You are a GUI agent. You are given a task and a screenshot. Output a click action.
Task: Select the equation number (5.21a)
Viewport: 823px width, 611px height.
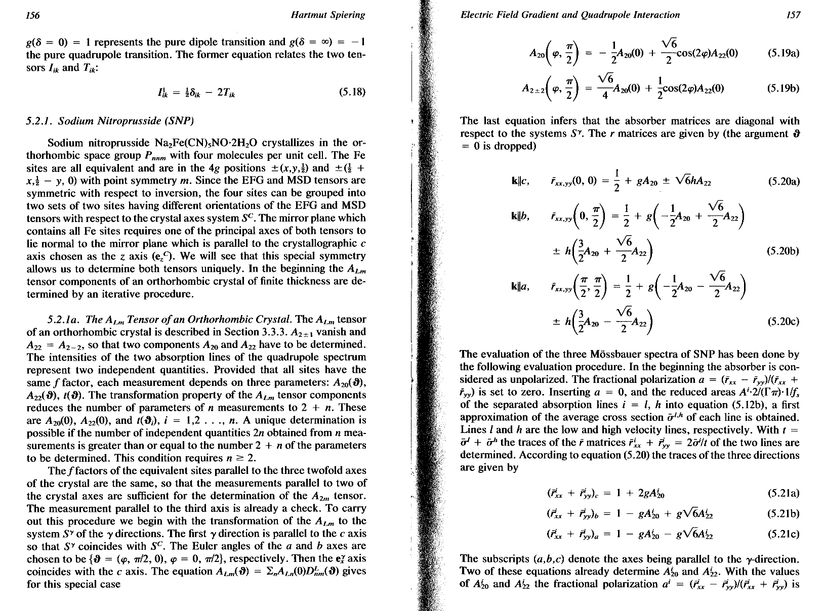[x=783, y=494]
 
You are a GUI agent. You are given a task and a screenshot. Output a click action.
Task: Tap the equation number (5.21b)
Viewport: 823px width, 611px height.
[x=783, y=514]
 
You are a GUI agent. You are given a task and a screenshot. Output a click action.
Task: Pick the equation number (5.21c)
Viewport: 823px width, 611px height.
[x=783, y=534]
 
